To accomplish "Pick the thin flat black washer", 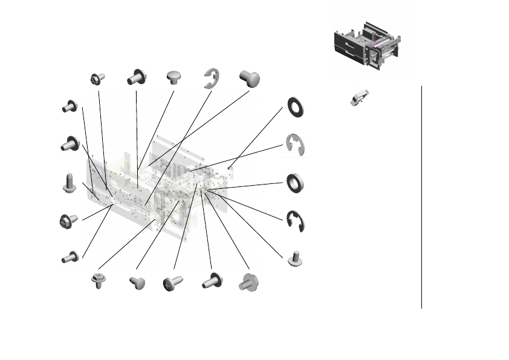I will point(295,108).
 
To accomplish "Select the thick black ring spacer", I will point(295,183).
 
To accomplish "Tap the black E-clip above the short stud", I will point(295,221).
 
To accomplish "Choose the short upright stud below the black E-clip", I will point(294,258).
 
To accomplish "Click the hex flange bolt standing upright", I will point(70,182).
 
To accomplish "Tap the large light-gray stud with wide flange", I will point(248,282).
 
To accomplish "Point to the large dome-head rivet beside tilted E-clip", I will point(249,77).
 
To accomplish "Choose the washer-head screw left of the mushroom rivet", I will point(135,78).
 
